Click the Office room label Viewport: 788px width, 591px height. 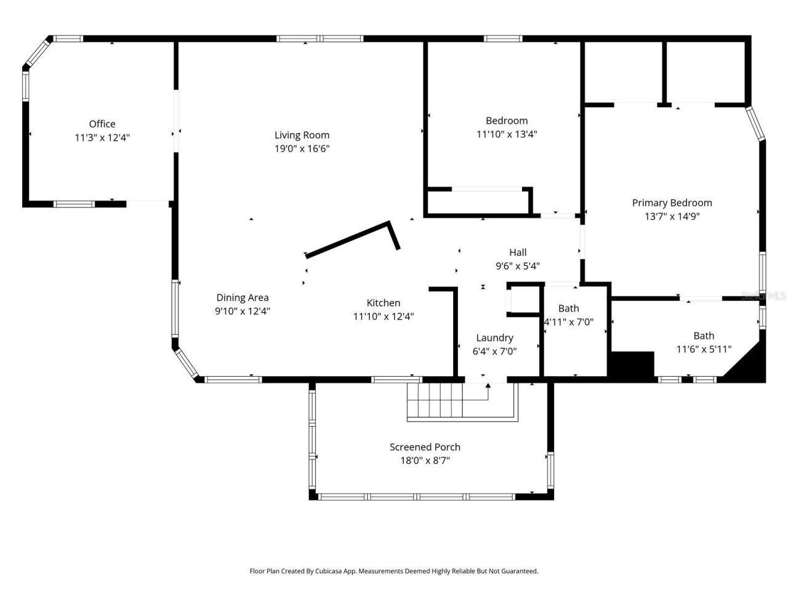pos(102,124)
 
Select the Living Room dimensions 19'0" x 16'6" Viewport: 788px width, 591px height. pos(302,148)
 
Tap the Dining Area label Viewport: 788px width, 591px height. pos(243,297)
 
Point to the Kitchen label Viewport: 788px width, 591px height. pos(384,303)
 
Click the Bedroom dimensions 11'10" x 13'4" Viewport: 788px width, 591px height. pos(507,134)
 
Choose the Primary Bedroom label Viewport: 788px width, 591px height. pos(672,203)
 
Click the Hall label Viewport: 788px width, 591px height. pos(518,252)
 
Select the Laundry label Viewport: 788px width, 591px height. pos(494,337)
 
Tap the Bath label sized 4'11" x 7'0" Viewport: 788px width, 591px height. pos(569,308)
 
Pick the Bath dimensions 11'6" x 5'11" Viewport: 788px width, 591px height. pos(704,349)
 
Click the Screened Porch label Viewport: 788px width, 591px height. pos(425,447)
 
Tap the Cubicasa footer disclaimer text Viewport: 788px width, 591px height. pos(394,571)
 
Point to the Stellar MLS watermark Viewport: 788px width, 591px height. pos(763,295)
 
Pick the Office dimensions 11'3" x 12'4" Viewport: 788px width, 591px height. pos(102,137)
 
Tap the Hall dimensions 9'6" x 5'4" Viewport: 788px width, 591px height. pos(518,266)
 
